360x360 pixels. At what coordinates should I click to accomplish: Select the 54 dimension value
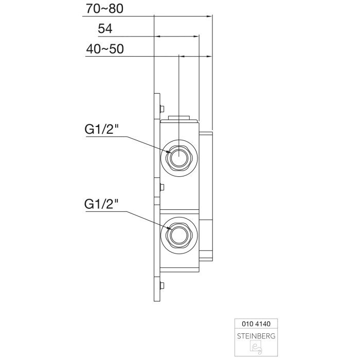click(105, 29)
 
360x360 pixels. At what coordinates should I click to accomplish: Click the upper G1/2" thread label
click(102, 130)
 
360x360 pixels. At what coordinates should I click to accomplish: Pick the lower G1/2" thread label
click(102, 204)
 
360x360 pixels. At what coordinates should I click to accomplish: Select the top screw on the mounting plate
click(162, 108)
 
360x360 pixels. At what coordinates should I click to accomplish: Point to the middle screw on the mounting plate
click(162, 187)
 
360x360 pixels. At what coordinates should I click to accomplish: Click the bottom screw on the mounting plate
click(162, 286)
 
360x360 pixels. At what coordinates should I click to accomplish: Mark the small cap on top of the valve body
click(178, 117)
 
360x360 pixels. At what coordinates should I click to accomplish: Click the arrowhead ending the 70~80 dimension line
click(210, 16)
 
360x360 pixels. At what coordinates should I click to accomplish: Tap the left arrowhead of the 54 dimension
click(157, 36)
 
